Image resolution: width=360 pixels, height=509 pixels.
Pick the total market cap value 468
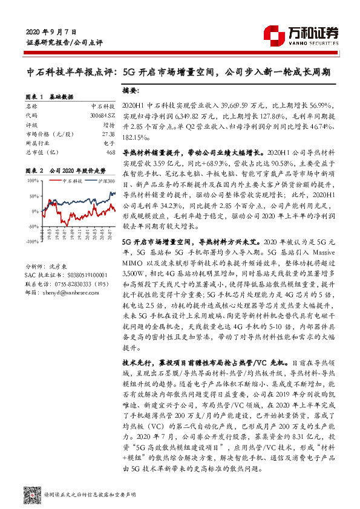(x=110, y=152)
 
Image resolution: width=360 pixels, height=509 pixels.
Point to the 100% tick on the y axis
(x=32, y=180)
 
